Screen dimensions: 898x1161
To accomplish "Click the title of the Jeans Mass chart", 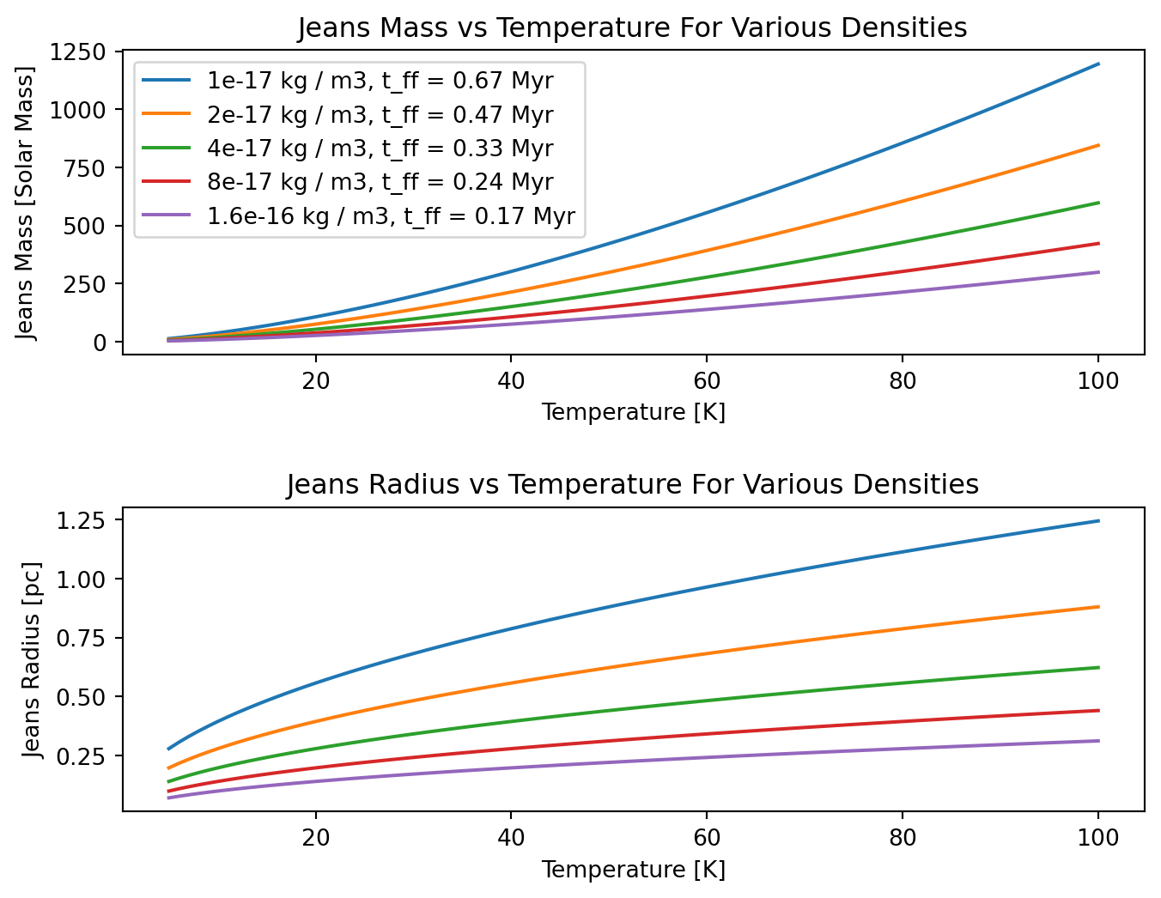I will [632, 28].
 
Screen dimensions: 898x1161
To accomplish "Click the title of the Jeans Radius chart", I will [632, 485].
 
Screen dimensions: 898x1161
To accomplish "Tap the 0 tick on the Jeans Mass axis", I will [100, 343].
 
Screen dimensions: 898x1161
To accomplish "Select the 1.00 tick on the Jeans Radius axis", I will [81, 580].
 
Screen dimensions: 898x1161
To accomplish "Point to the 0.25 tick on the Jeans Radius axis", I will [81, 756].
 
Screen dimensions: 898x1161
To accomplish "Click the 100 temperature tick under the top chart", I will [1097, 380].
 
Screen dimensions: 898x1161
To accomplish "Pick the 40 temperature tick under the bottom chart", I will [511, 837].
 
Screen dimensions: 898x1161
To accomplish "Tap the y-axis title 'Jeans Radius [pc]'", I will [32, 659].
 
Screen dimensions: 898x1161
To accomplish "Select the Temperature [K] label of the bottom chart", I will [633, 870].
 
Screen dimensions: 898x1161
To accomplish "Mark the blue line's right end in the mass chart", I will [1098, 64].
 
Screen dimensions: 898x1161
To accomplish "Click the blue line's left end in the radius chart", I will [168, 749].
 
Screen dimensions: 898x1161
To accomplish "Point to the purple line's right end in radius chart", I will [1098, 740].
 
